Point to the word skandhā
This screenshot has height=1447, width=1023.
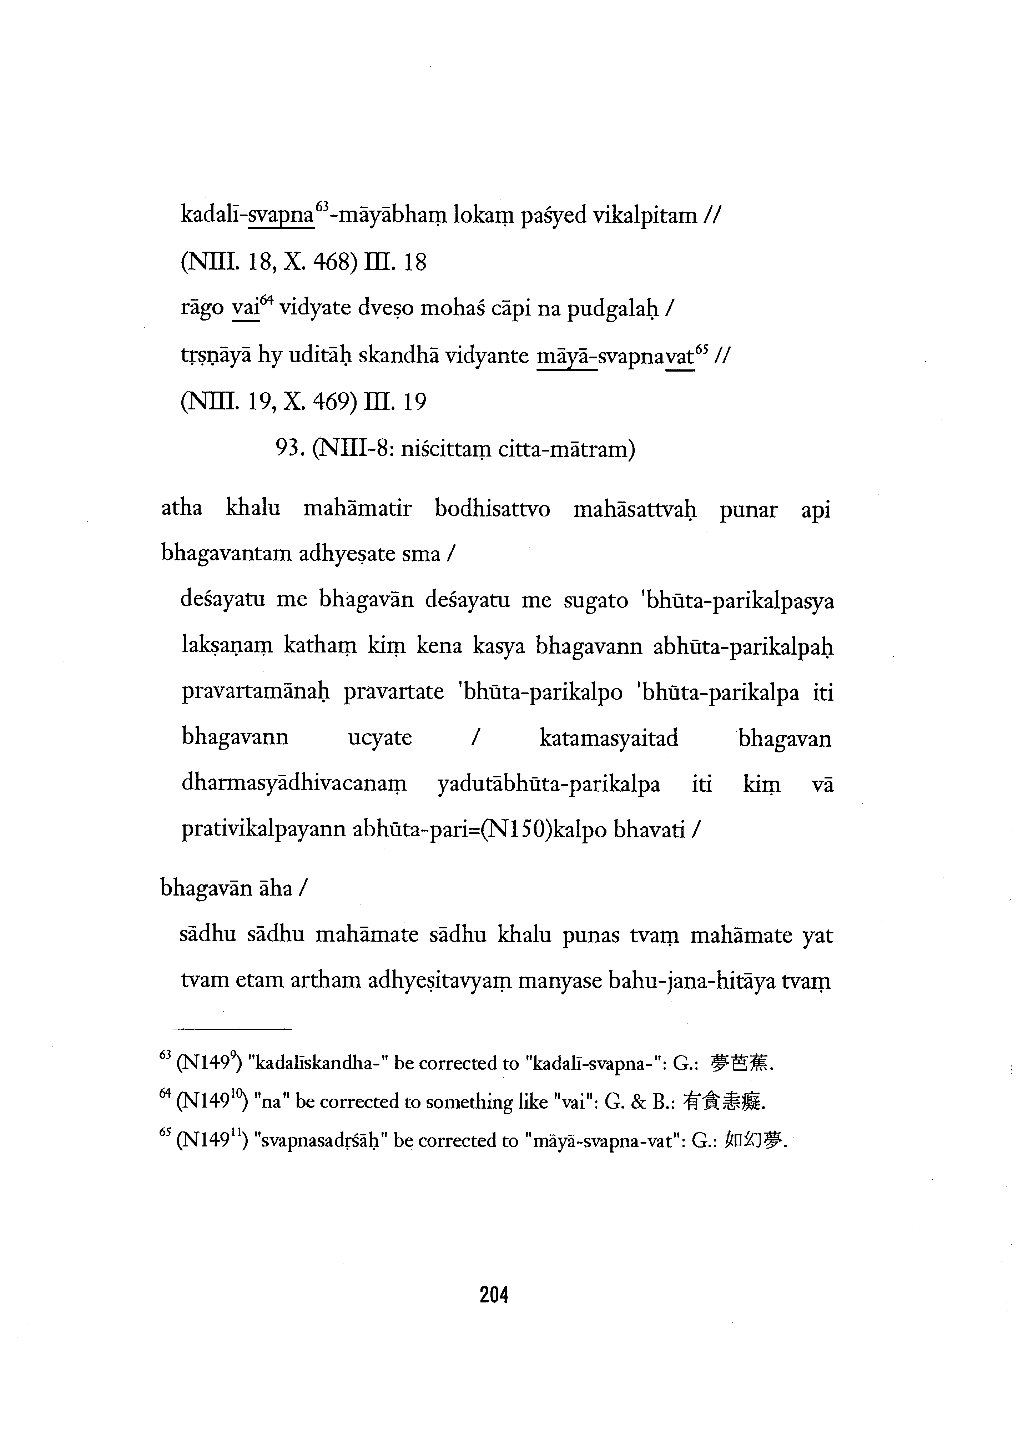tap(398, 357)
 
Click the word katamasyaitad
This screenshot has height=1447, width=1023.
tap(609, 738)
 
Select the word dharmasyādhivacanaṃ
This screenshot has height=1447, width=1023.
tap(294, 785)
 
